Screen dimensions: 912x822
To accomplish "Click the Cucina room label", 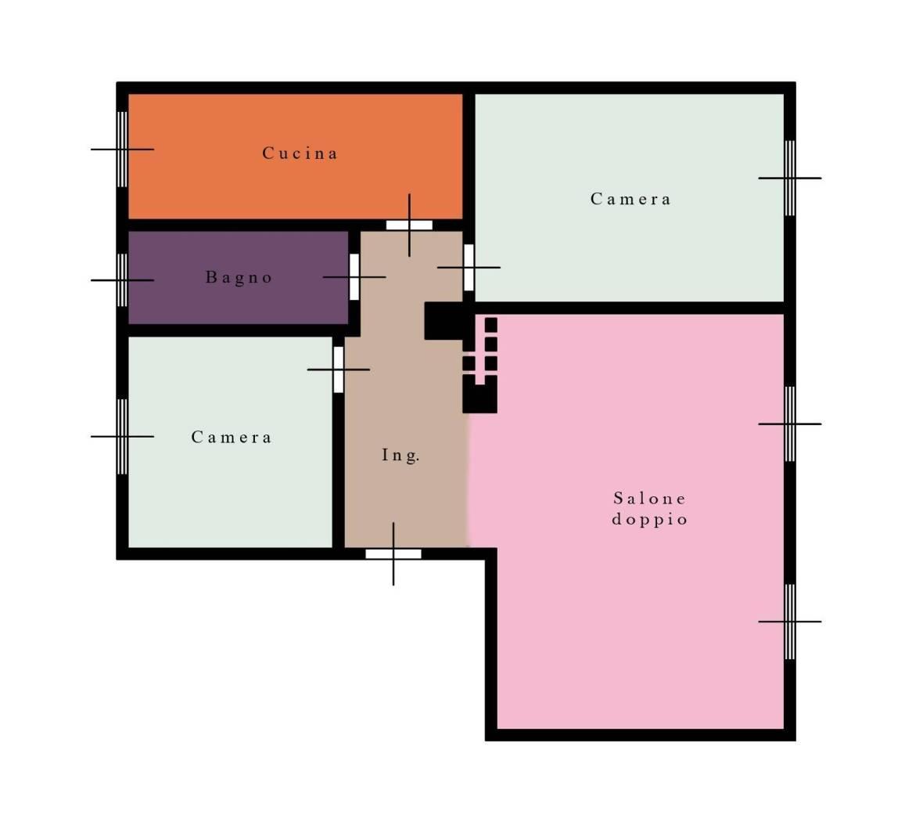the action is tap(300, 153).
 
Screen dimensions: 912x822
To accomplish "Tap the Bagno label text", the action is tap(239, 277).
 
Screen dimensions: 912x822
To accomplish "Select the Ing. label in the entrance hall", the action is tap(400, 456).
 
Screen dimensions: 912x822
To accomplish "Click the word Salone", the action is tap(650, 499).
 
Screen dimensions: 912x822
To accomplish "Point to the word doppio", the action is tap(650, 519).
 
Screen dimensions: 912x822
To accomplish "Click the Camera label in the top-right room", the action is tap(630, 199).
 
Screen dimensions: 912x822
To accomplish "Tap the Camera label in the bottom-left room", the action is tap(232, 437).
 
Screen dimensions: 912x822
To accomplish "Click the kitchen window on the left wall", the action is tap(122, 149).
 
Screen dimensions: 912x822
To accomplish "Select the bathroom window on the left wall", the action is tap(122, 280).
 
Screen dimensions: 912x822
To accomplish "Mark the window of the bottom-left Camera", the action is tap(122, 437).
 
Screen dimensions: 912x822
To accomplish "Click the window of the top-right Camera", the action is tap(790, 178).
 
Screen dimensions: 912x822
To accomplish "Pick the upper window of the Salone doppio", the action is tap(790, 424).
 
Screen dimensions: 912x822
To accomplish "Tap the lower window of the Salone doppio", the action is tap(790, 622).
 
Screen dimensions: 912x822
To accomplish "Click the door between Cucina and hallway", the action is tap(410, 225).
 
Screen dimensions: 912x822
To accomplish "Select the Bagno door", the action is tap(354, 277).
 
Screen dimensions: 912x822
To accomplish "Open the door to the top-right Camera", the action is tap(469, 268).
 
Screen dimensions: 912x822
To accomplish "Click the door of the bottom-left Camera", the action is tap(339, 370).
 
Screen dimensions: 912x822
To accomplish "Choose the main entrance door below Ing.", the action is tap(393, 554).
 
